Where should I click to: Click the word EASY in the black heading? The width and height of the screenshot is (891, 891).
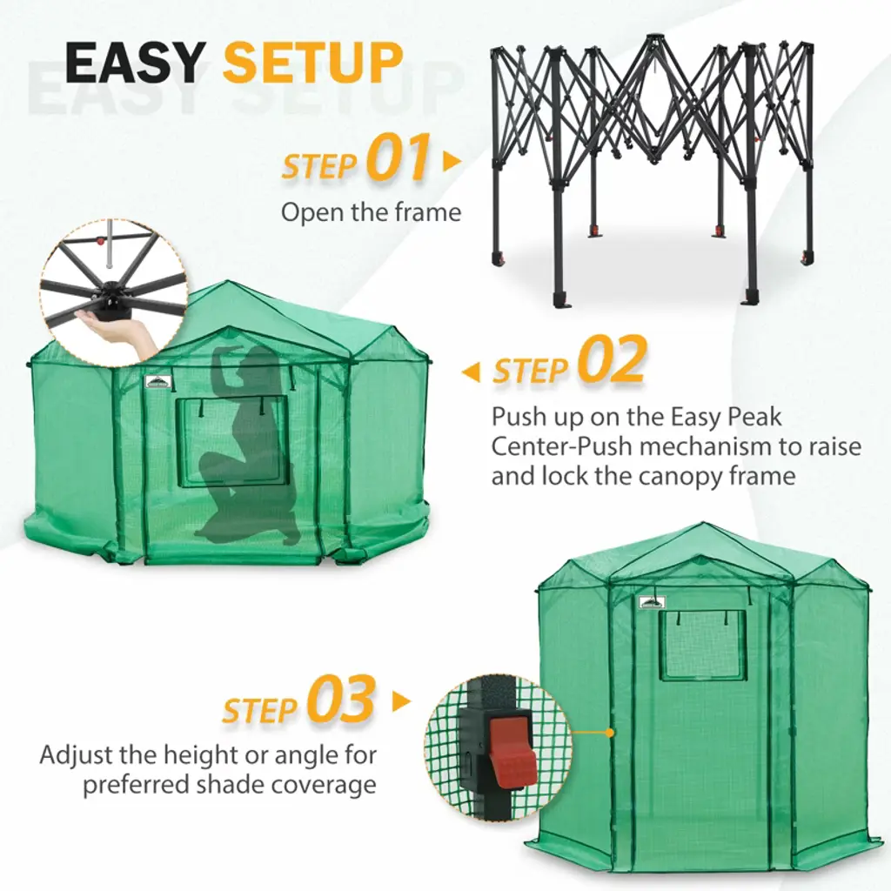click(135, 63)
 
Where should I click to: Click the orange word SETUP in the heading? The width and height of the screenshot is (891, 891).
click(313, 63)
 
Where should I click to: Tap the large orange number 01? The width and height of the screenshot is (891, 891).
click(399, 157)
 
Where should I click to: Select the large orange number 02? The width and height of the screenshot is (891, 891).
click(613, 360)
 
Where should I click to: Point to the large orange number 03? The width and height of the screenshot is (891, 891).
click(341, 699)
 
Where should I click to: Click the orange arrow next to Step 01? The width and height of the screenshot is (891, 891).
click(452, 161)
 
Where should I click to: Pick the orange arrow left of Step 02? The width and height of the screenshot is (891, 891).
click(471, 372)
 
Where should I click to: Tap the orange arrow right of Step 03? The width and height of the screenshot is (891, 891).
click(401, 701)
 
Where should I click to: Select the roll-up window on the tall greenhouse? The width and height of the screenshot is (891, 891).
click(703, 646)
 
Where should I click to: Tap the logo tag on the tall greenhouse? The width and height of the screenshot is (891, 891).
click(651, 602)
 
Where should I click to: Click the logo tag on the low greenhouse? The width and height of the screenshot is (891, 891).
click(157, 382)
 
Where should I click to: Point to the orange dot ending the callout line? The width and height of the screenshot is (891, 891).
click(610, 733)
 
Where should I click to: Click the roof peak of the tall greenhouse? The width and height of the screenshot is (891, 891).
click(703, 524)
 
